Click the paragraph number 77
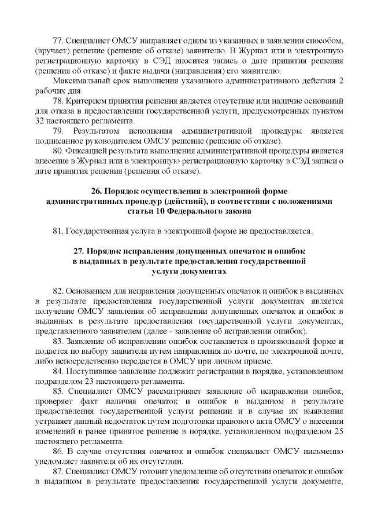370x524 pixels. [58, 42]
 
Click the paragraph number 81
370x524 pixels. [58, 232]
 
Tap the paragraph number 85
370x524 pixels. [58, 391]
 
